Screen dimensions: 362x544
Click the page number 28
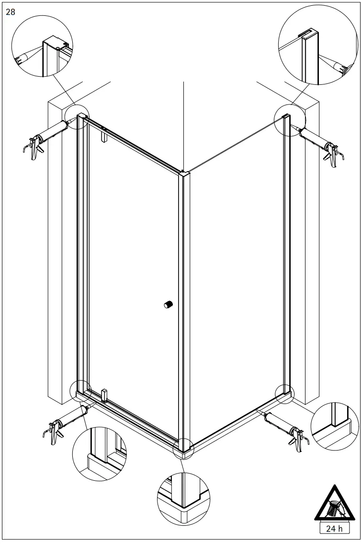click(x=11, y=12)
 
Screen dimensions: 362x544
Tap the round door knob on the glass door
click(x=168, y=305)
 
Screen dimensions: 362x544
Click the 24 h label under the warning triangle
click(x=334, y=528)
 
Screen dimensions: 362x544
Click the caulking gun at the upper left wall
click(x=47, y=138)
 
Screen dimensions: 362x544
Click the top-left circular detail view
click(x=42, y=46)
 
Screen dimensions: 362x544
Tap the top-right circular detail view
click(x=317, y=45)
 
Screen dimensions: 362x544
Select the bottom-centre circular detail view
click(x=183, y=499)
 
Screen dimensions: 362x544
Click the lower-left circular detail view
click(x=100, y=454)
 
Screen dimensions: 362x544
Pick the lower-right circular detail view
click(x=335, y=427)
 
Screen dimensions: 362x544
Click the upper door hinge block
click(x=104, y=136)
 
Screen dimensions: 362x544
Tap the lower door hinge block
click(x=104, y=396)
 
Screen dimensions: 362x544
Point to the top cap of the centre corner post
click(x=184, y=173)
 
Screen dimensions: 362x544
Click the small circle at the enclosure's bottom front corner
click(x=184, y=449)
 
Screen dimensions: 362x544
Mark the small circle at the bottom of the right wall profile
click(x=285, y=394)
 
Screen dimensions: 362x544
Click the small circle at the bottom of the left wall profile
click(x=81, y=391)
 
